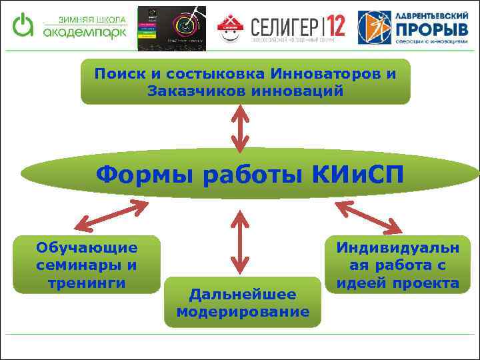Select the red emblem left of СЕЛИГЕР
231,27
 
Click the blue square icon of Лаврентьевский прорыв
374,27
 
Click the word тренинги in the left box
87,283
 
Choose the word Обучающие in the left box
87,248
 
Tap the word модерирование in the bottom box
243,312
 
